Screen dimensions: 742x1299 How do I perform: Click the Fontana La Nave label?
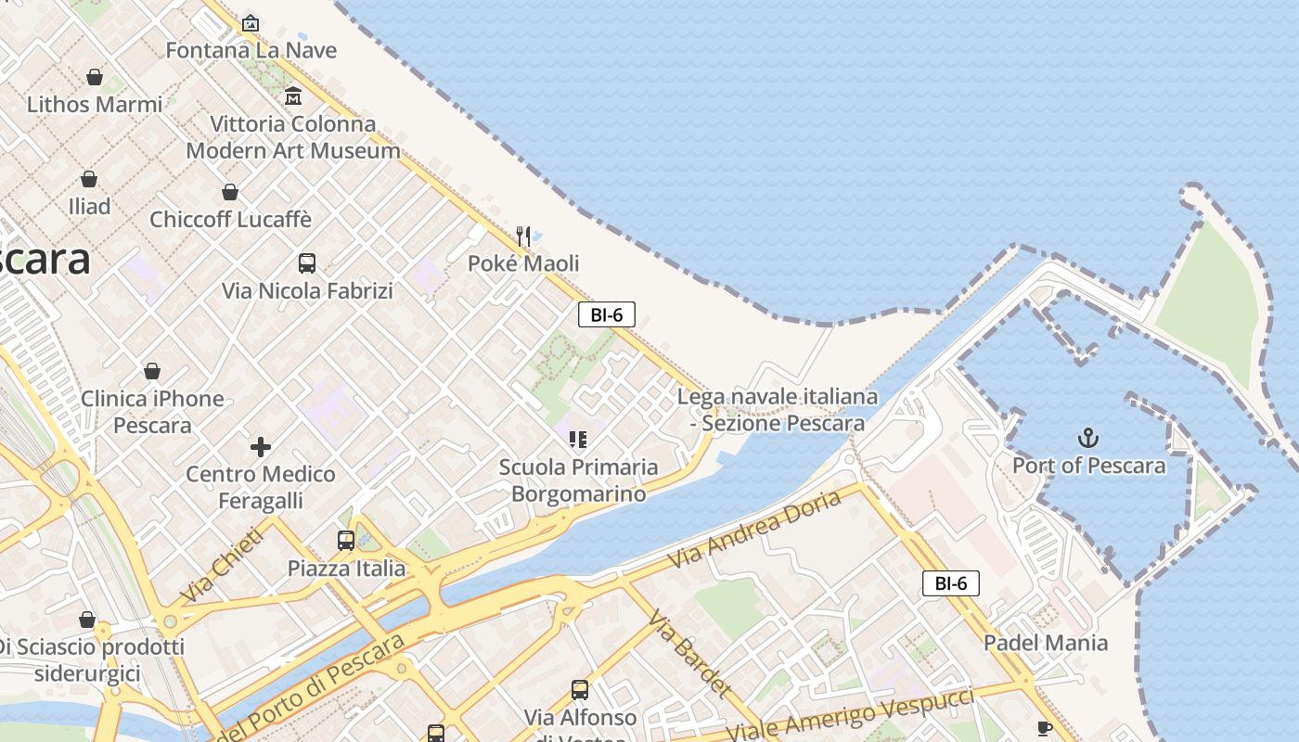pos(251,50)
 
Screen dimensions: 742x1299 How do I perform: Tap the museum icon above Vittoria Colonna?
pos(293,96)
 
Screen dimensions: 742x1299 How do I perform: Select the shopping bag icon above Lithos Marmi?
pos(94,77)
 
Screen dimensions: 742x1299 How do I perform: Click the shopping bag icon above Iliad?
pos(89,178)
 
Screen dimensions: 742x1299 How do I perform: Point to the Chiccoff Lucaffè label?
pos(230,220)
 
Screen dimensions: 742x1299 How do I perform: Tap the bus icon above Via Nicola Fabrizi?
pos(307,263)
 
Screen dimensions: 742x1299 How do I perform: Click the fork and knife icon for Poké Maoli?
pos(523,237)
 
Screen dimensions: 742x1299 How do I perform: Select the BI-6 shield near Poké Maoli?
pos(606,314)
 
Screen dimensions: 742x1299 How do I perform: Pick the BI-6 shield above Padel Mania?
pos(950,583)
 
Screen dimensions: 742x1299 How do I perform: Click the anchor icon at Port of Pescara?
pos(1087,438)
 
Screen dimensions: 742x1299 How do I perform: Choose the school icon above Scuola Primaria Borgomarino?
pos(578,440)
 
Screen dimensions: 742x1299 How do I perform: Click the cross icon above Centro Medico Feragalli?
pos(261,447)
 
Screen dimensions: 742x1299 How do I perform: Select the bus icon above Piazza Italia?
pos(346,541)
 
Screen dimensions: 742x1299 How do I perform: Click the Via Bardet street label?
pos(689,654)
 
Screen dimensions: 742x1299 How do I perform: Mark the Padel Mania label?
pos(1046,643)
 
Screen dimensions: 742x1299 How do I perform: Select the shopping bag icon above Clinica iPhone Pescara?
pos(152,372)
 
